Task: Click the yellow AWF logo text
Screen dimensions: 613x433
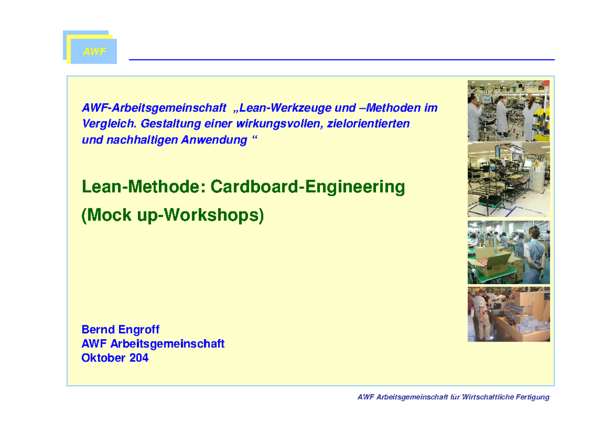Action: pos(95,52)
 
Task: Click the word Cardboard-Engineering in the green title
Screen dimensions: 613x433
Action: pos(308,187)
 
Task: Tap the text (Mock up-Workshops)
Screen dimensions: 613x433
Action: pos(173,215)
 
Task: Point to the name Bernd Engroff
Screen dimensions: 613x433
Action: pos(121,330)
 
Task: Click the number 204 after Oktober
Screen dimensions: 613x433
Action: pos(139,358)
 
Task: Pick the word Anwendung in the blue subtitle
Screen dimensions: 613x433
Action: pos(214,140)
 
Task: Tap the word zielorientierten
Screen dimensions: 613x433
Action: pos(368,124)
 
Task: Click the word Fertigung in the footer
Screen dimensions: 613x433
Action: pos(532,397)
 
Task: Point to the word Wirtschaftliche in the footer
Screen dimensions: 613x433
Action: pos(488,397)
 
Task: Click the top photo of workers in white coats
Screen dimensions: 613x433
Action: pos(508,110)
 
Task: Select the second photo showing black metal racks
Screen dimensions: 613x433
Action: pos(508,179)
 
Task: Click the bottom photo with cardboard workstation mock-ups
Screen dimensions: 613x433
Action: pos(508,315)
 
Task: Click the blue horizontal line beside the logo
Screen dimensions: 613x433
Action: pos(342,60)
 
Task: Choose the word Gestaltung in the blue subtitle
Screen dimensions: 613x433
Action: pos(171,124)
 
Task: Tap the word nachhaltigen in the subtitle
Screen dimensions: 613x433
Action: pos(142,140)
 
